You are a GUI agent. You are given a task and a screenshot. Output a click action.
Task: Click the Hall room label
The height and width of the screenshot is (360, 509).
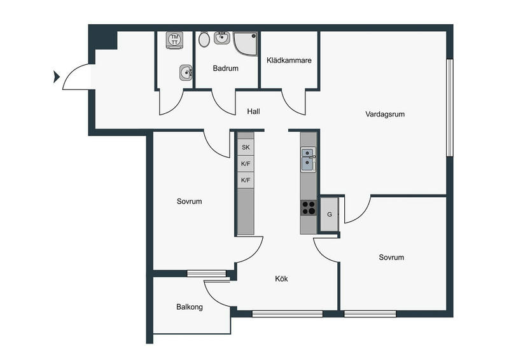253,111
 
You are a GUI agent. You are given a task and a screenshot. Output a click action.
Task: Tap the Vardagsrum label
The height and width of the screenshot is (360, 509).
385,114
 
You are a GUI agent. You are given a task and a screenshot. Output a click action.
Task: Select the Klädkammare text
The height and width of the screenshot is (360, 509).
289,60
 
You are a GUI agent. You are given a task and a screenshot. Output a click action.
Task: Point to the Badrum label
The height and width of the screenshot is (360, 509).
225,68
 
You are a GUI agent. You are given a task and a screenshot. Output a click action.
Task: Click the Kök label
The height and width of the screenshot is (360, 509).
281,279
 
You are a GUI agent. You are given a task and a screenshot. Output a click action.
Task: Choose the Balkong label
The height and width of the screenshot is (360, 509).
190,307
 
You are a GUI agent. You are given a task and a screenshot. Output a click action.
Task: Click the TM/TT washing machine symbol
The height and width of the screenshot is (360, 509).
174,40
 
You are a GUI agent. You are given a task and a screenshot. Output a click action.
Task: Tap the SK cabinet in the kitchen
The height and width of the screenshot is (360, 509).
246,147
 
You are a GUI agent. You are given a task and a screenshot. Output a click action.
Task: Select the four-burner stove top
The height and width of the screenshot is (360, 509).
309,208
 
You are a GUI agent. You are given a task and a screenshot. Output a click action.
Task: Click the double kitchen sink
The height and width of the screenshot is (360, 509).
308,160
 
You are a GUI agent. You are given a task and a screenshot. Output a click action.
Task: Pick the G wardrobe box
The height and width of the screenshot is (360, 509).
330,214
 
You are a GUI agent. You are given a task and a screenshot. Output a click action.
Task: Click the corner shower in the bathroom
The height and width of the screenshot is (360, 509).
246,43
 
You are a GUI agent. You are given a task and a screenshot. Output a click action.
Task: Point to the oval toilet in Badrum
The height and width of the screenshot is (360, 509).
204,39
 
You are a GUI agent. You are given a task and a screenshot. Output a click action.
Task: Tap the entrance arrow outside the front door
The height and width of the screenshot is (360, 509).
57,77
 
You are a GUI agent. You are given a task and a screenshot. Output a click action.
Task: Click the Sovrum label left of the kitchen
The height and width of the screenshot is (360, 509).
189,201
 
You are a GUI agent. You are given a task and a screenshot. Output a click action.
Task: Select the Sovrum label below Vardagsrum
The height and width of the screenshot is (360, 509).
391,258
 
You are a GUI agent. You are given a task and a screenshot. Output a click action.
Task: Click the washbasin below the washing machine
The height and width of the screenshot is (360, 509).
186,73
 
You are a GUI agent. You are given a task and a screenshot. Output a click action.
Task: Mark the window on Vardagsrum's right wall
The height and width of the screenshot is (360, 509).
449,107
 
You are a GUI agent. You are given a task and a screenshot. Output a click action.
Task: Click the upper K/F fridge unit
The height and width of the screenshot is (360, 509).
246,163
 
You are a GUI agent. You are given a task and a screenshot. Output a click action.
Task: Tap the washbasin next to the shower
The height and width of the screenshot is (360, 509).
222,38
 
